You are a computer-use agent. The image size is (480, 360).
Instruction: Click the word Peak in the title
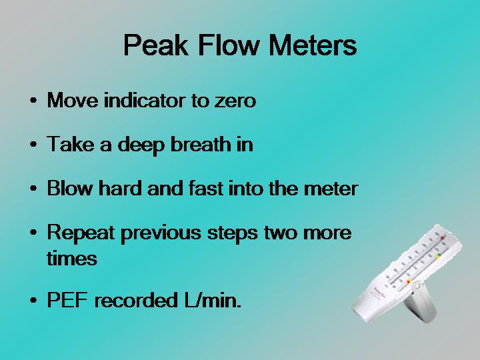(x=155, y=45)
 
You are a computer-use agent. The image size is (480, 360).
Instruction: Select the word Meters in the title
(x=313, y=45)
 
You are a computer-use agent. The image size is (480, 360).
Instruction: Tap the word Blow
(x=70, y=188)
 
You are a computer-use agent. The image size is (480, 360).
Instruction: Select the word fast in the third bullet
(x=206, y=188)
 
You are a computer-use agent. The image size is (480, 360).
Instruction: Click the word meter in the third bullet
(x=331, y=189)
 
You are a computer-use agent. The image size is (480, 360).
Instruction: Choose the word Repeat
(x=81, y=233)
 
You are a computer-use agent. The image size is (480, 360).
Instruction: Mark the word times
(x=72, y=259)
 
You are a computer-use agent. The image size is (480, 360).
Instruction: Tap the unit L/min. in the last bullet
(x=213, y=300)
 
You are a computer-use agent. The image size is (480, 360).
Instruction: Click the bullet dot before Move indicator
(x=33, y=100)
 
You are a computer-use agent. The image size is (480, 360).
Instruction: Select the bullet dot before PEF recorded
(x=33, y=300)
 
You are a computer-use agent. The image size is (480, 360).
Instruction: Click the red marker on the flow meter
(x=443, y=237)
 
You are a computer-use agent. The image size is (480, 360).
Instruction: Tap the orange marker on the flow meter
(x=409, y=281)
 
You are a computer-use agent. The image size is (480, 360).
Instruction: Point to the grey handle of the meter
(x=421, y=306)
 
